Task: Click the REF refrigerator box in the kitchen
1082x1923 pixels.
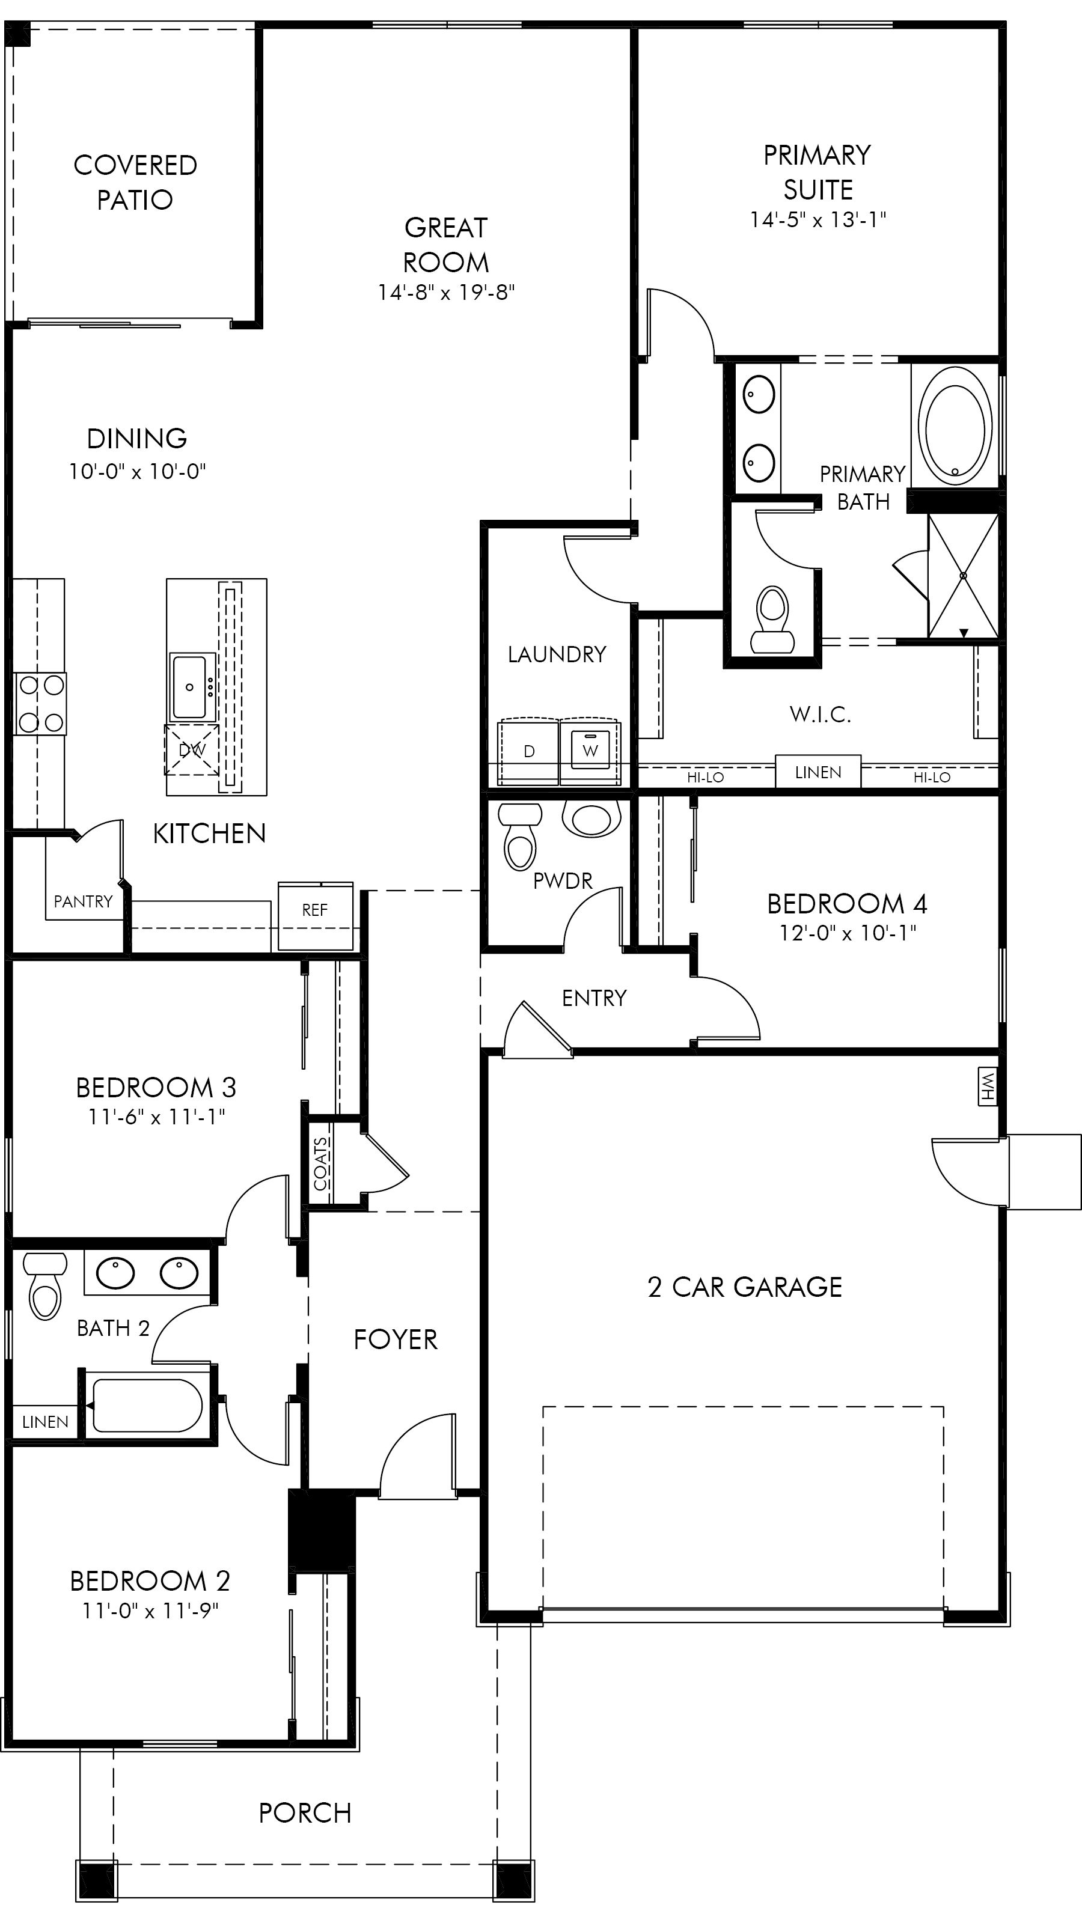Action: pos(315,916)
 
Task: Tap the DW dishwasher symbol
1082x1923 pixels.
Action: pos(192,749)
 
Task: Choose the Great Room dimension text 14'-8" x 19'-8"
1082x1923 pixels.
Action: pos(446,292)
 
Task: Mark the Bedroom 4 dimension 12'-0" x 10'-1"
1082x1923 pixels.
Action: pos(848,933)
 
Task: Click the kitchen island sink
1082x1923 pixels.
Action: pos(192,686)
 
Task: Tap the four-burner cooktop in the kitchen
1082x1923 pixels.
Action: pos(40,703)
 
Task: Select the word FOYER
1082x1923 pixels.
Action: pos(396,1339)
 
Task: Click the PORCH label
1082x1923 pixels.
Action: pos(305,1813)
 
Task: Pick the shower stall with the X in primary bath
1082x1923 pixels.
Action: pos(962,576)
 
